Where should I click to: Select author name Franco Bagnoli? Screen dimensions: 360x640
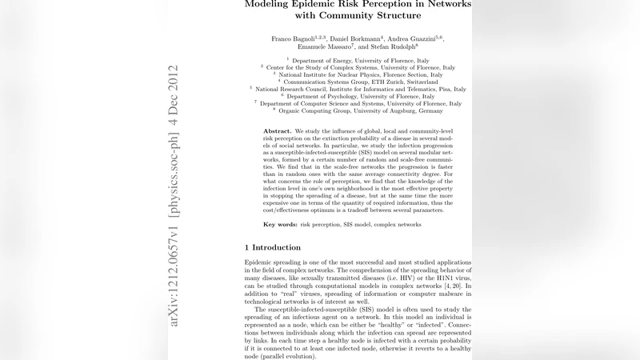tap(294, 38)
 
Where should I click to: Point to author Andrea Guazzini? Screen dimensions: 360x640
tap(417, 38)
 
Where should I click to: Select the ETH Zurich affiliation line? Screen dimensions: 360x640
tap(358, 82)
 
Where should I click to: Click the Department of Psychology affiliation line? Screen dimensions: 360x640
tap(358, 96)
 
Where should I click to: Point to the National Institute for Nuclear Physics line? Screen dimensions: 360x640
tap(358, 74)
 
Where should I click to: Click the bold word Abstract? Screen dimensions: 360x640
tap(277, 130)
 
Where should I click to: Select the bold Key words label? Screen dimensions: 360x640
tap(281, 225)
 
